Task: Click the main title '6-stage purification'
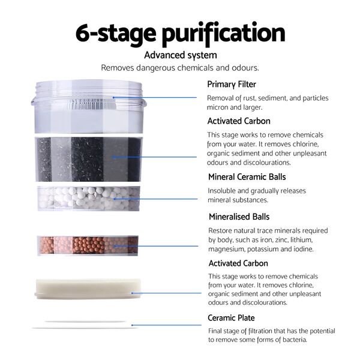(x=181, y=34)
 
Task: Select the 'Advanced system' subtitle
(x=181, y=55)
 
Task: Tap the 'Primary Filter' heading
(x=232, y=85)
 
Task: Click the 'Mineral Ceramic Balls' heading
(x=247, y=177)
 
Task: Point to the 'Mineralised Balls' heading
(x=239, y=217)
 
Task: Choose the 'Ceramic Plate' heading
(x=231, y=318)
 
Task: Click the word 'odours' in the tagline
(x=245, y=68)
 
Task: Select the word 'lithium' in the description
(x=301, y=240)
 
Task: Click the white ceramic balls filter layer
(x=89, y=199)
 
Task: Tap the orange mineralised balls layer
(x=88, y=245)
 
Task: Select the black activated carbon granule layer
(x=89, y=160)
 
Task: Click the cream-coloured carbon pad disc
(x=88, y=289)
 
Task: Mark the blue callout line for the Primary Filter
(x=155, y=98)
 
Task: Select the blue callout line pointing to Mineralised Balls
(x=156, y=246)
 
